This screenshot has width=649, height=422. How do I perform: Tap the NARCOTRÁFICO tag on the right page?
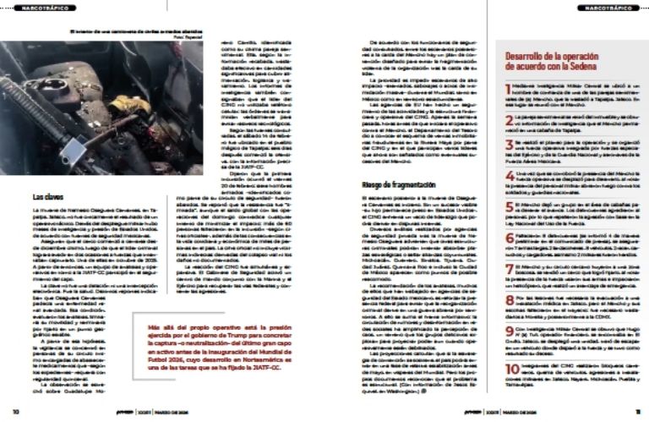tap(602, 8)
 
